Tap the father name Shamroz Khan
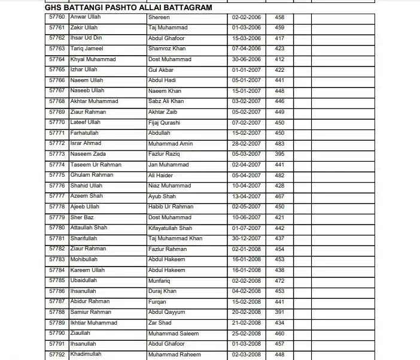tap(168, 49)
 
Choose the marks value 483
tap(279, 144)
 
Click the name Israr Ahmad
tap(86, 144)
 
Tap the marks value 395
tap(279, 154)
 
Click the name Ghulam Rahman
tap(92, 175)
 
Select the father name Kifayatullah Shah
tap(170, 228)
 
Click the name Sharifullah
tap(84, 238)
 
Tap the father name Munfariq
tap(160, 280)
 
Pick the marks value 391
tap(279, 312)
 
